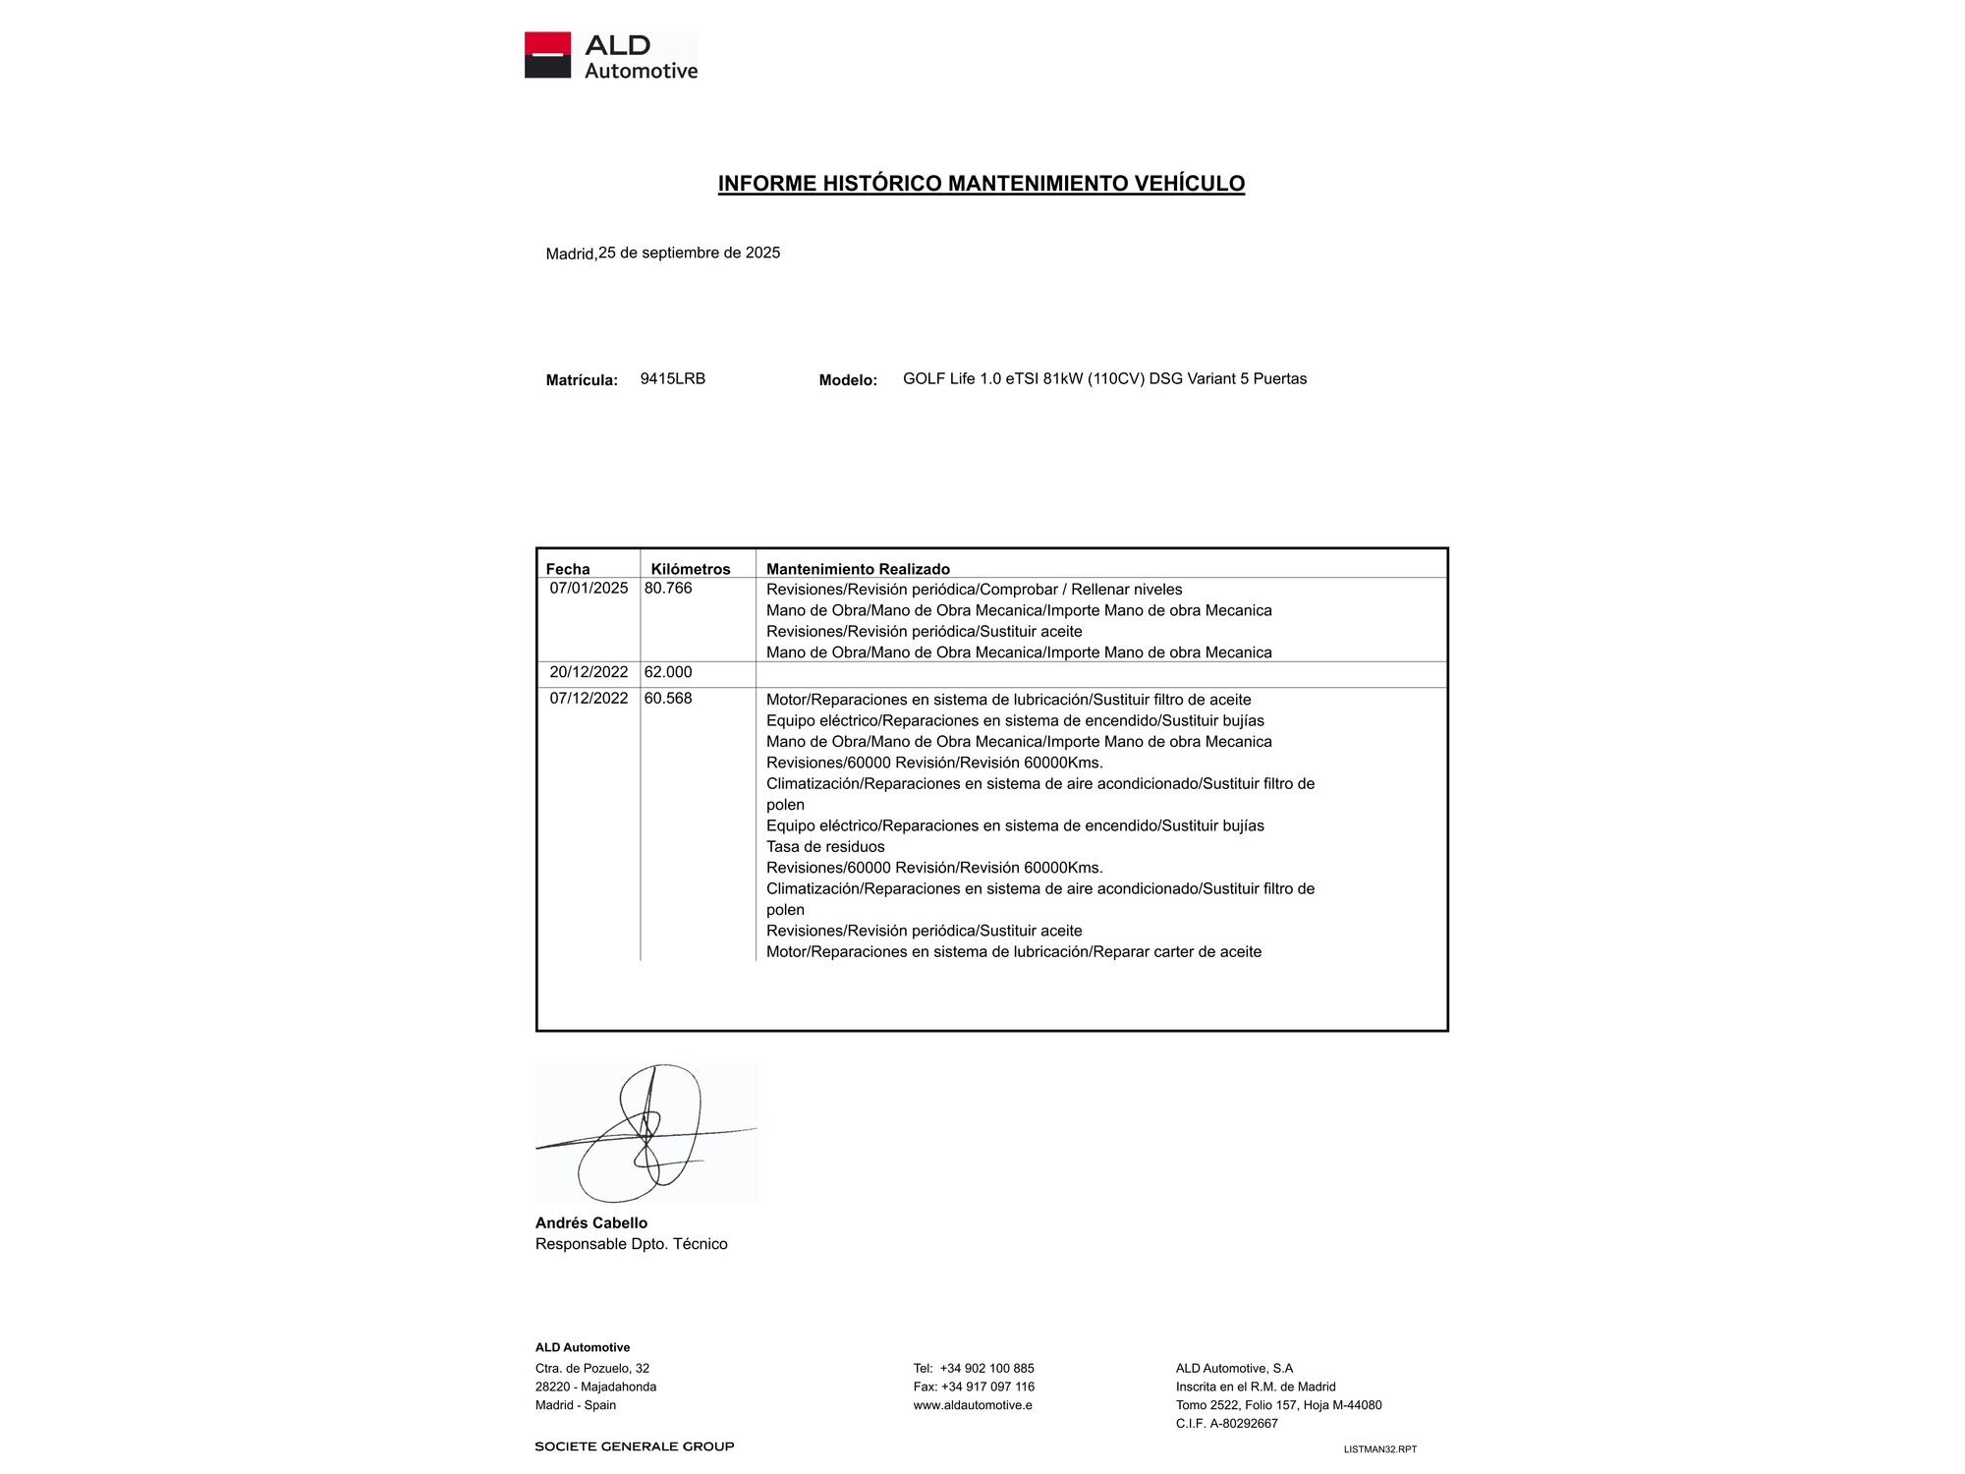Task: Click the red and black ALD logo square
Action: pos(547,55)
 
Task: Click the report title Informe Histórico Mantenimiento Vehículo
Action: pos(981,184)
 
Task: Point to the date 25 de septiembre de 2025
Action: pos(689,253)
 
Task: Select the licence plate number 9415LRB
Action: pos(672,378)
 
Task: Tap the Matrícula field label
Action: pos(582,380)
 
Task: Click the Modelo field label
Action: pos(848,380)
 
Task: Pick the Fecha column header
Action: pos(568,569)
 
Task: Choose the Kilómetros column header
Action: pos(691,569)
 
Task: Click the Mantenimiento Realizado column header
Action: pos(858,569)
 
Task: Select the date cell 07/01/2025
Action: pos(589,589)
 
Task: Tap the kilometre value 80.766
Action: pos(668,589)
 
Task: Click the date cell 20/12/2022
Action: pos(589,672)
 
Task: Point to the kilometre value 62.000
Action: pos(668,672)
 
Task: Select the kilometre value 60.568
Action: pos(668,699)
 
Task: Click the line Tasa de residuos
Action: pos(825,846)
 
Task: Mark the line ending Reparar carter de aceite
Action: pos(1013,951)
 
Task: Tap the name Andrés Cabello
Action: pos(591,1222)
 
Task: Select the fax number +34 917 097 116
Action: pos(986,1387)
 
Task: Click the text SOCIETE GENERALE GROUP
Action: pos(635,1446)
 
